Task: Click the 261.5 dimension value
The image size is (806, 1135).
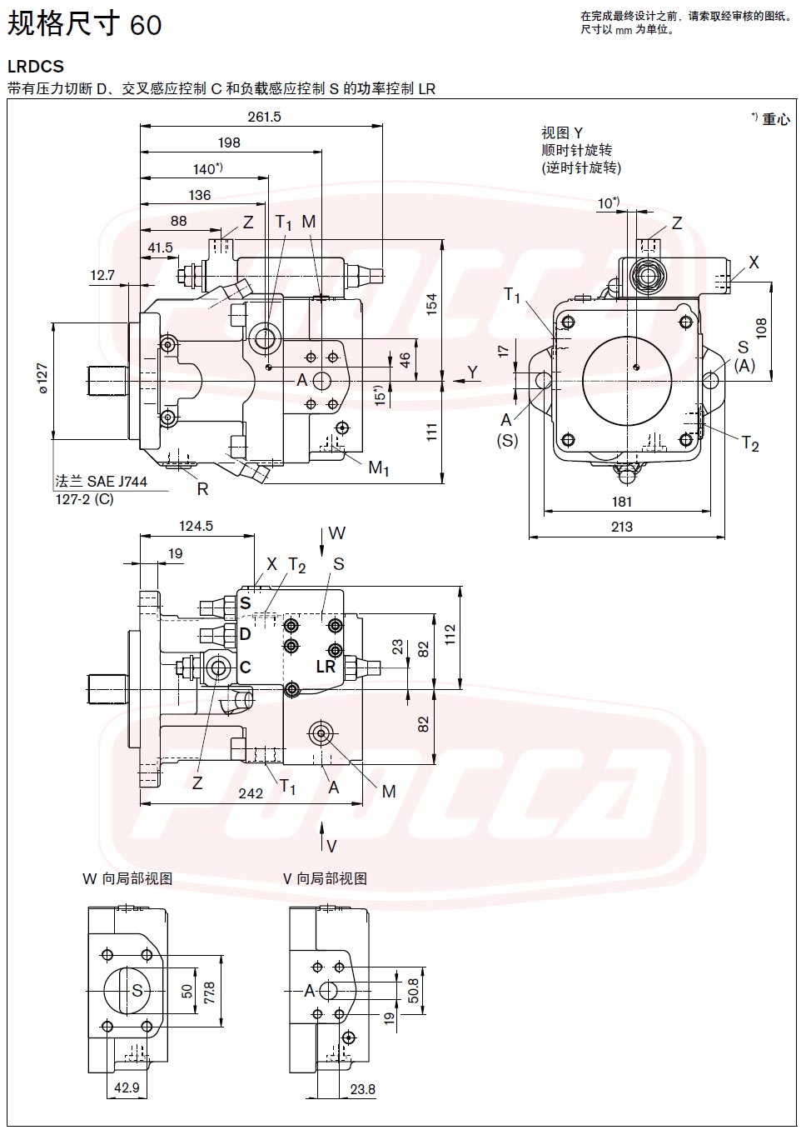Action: pos(264,117)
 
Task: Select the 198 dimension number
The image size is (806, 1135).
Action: pos(229,142)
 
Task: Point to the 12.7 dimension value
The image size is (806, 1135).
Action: pos(102,275)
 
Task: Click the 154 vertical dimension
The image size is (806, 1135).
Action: pos(431,304)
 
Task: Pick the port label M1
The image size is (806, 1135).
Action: pos(378,467)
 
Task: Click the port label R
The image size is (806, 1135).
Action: pos(202,489)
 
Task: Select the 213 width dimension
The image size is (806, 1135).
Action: pos(622,527)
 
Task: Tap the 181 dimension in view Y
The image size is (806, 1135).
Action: pos(622,502)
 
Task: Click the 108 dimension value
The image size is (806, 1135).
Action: pos(761,329)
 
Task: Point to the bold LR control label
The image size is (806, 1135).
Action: pos(326,667)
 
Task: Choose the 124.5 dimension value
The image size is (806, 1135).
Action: pos(196,526)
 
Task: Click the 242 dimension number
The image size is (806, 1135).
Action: pos(251,793)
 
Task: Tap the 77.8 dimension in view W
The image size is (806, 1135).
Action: pos(210,992)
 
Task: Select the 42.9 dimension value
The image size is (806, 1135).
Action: pos(127,1087)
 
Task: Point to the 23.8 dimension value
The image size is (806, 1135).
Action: pos(362,1089)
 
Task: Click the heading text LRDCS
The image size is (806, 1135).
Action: pos(36,67)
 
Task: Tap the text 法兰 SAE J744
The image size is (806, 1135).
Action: pos(101,481)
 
